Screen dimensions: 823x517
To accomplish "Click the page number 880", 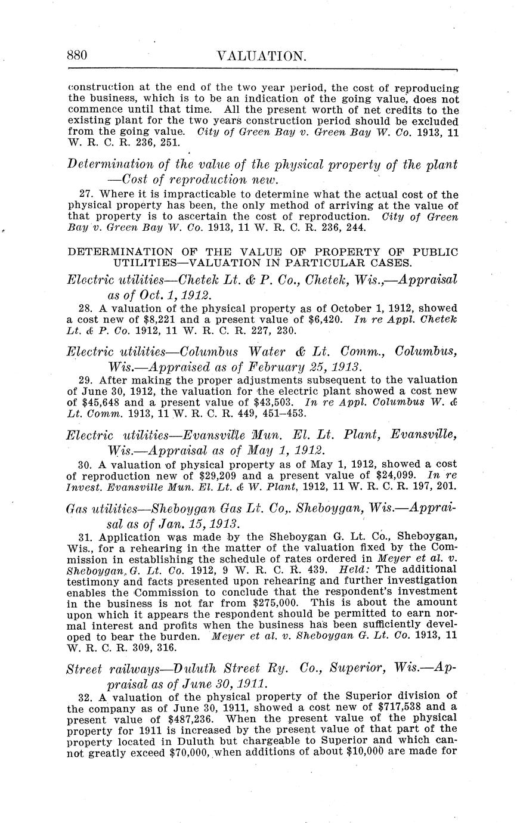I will (77, 56).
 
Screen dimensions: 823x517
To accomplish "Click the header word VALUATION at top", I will (261, 57).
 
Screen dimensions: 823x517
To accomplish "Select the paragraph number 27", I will (85, 194).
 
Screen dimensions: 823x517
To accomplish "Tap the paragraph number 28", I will (85, 308).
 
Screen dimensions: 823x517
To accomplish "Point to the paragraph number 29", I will (85, 380).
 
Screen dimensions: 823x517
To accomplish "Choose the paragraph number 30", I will (85, 463).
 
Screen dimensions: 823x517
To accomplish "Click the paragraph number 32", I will (85, 695).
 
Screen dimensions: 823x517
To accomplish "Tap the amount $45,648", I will (99, 402).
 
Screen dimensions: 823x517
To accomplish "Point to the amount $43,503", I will (278, 402).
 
